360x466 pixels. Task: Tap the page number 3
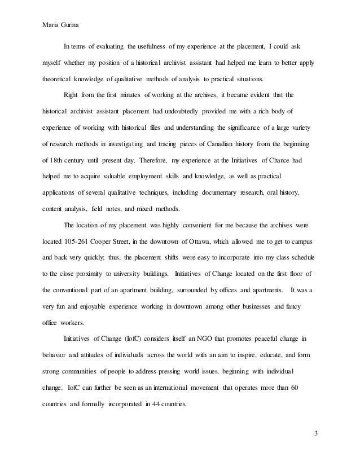[315, 433]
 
